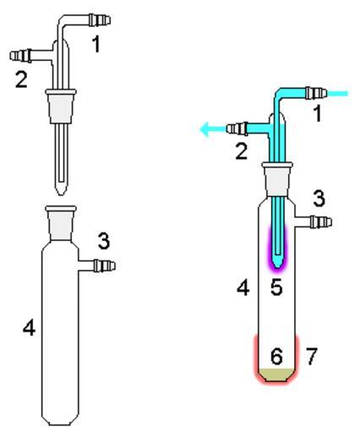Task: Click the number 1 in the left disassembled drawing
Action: point(96,45)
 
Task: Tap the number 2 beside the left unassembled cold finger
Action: point(21,79)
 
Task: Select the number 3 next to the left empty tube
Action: point(104,241)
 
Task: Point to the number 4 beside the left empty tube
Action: point(30,328)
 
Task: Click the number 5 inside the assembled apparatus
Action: point(276,288)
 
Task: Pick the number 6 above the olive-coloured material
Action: point(276,357)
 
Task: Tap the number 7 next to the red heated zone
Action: point(312,356)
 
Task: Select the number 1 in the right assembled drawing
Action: point(318,114)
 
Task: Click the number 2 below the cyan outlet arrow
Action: point(242,151)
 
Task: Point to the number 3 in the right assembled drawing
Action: point(319,199)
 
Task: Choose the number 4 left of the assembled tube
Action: point(243,288)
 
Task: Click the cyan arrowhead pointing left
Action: point(205,129)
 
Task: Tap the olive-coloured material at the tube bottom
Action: point(276,375)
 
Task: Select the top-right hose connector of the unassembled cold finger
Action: point(100,20)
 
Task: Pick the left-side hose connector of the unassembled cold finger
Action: point(20,55)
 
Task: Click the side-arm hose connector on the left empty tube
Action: point(105,266)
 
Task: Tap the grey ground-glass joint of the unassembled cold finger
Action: point(61,107)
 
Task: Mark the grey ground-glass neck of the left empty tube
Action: point(61,223)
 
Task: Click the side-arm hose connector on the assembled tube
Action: point(321,222)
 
